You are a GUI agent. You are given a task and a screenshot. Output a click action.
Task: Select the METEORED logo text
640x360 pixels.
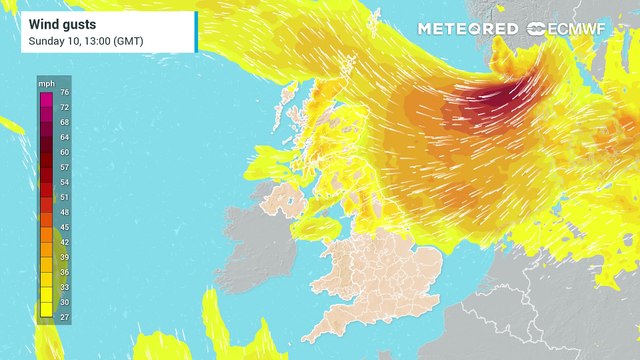click(x=468, y=29)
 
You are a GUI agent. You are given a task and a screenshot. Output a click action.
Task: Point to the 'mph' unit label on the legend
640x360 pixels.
click(x=47, y=83)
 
